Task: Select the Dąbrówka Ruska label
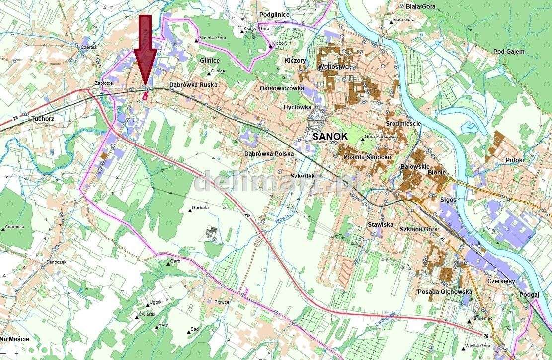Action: pyautogui.click(x=194, y=85)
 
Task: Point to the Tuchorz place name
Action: pyautogui.click(x=42, y=119)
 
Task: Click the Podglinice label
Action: pyautogui.click(x=274, y=15)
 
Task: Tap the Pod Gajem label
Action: pyautogui.click(x=509, y=52)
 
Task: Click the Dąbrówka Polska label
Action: pyautogui.click(x=269, y=154)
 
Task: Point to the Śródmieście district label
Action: pyautogui.click(x=403, y=123)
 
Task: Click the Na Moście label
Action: pyautogui.click(x=14, y=339)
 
